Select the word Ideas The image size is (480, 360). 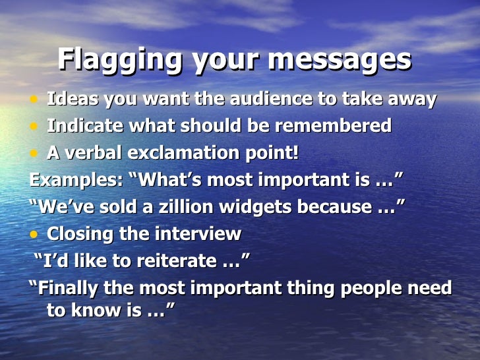(69, 100)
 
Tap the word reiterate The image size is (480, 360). (172, 261)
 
